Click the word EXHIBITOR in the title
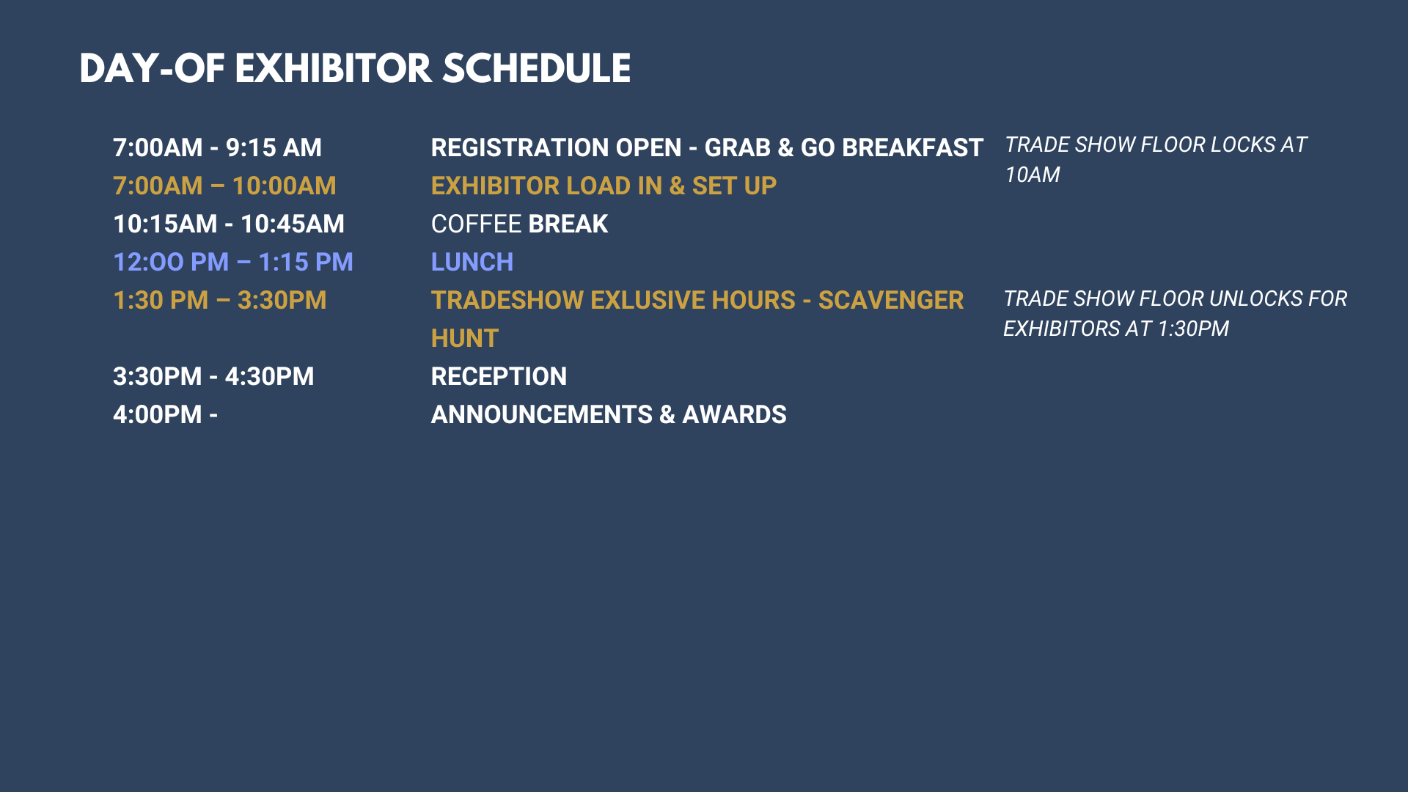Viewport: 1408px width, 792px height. (334, 69)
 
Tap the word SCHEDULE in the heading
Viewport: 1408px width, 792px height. (537, 69)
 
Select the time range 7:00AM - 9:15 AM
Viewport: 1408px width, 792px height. (217, 147)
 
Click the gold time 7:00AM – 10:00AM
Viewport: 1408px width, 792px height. (224, 186)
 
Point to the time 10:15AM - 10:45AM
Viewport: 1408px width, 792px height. (229, 224)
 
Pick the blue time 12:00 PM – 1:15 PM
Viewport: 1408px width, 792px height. (233, 262)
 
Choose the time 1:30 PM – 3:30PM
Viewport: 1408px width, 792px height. (220, 300)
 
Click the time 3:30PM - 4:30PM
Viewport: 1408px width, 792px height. (213, 376)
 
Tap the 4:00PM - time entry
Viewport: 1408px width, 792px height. (166, 414)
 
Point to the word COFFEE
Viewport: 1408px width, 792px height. (477, 224)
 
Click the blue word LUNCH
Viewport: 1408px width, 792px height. (472, 262)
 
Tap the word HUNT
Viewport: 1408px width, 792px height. (465, 338)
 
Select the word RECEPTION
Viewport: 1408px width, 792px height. (499, 376)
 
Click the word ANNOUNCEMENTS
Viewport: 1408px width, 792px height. (542, 414)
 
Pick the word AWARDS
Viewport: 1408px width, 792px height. (734, 414)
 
